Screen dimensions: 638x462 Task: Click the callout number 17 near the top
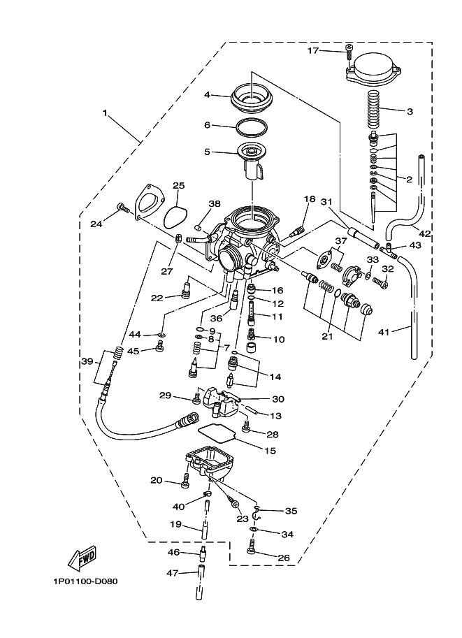(313, 51)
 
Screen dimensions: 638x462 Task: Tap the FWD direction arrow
(81, 558)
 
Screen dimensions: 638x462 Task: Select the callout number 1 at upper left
(106, 113)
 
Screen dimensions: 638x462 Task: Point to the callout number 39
(86, 361)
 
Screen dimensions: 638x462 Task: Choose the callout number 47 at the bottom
(173, 573)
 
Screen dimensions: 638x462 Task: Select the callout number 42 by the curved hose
(424, 232)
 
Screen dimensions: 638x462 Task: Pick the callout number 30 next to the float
(277, 399)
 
